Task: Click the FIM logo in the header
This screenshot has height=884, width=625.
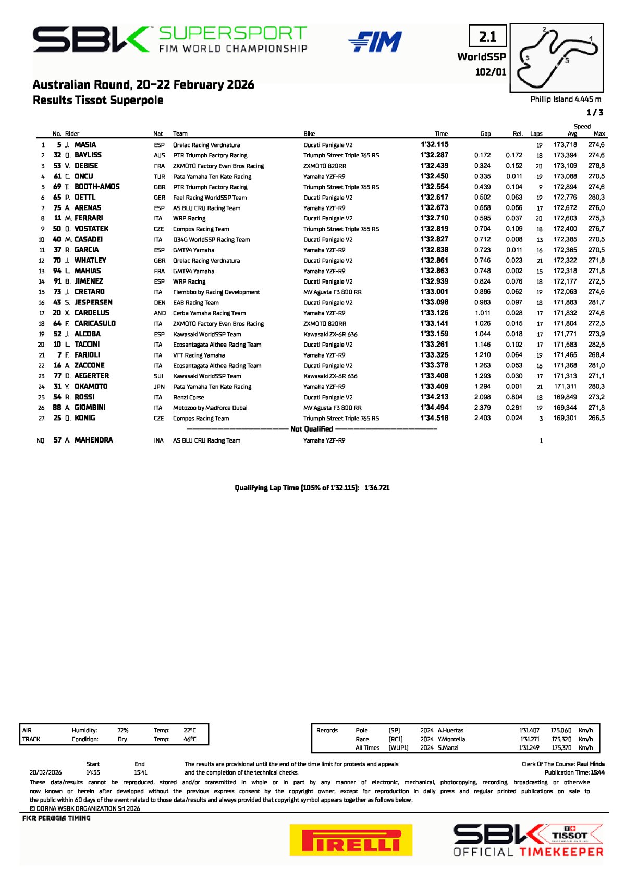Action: pos(375,42)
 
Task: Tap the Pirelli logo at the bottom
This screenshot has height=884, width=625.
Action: pos(351,839)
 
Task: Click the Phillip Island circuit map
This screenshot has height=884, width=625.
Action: pos(556,58)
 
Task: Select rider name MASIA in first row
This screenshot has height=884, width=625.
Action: pos(85,145)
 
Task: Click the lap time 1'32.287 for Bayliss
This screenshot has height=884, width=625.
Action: pos(434,155)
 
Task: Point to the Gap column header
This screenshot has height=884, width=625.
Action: pos(485,134)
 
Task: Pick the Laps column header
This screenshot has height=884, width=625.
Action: pos(536,134)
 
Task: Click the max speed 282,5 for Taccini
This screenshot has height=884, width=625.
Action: pos(596,345)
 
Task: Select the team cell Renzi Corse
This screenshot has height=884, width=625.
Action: pos(189,397)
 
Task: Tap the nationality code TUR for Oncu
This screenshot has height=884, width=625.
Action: pos(159,177)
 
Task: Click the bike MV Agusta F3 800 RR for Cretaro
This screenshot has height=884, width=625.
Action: pos(333,292)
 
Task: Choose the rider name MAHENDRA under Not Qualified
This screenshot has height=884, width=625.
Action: pos(93,440)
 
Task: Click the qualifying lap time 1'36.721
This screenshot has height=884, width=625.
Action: pos(377,488)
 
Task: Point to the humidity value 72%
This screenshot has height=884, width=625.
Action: pos(123,730)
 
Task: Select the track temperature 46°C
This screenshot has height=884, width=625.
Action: pos(190,739)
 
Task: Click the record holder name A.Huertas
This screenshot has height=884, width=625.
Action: pos(450,730)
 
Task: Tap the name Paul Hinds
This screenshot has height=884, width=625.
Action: pos(591,764)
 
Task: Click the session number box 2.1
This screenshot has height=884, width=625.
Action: pos(487,36)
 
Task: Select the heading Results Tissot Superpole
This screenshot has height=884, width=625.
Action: pos(98,100)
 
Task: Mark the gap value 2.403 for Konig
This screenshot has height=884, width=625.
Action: pos(482,418)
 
